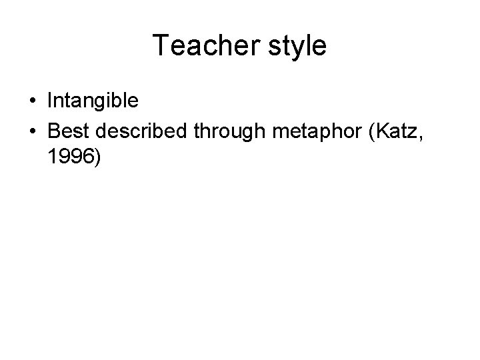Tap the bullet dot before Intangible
click(x=33, y=101)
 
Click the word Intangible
click(x=93, y=101)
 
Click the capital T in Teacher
click(x=161, y=45)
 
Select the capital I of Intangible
click(x=51, y=101)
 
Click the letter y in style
click(x=297, y=49)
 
